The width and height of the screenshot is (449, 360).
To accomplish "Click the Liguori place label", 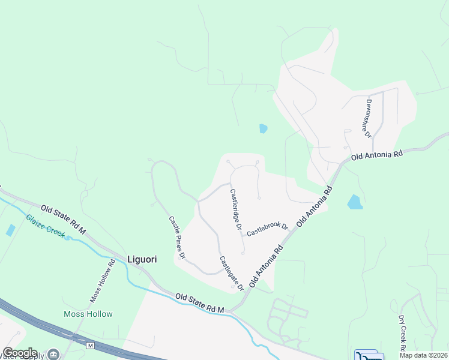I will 142,259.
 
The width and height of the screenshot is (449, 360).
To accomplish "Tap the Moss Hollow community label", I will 88,314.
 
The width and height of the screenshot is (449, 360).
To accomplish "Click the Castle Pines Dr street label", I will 176,238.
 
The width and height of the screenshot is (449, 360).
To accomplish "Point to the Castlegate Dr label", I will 231,274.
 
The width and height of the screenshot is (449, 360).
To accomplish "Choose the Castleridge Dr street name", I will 235,210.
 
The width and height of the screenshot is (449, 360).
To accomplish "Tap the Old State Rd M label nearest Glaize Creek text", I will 63,219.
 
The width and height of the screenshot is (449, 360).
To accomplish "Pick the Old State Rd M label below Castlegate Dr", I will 199,303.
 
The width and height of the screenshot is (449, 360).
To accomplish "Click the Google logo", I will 20,353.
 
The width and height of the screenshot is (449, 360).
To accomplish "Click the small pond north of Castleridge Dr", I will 263,128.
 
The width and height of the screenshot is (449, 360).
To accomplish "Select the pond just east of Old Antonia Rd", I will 355,202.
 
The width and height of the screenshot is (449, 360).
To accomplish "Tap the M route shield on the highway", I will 91,346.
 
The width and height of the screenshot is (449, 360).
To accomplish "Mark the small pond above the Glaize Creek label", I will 10,230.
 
